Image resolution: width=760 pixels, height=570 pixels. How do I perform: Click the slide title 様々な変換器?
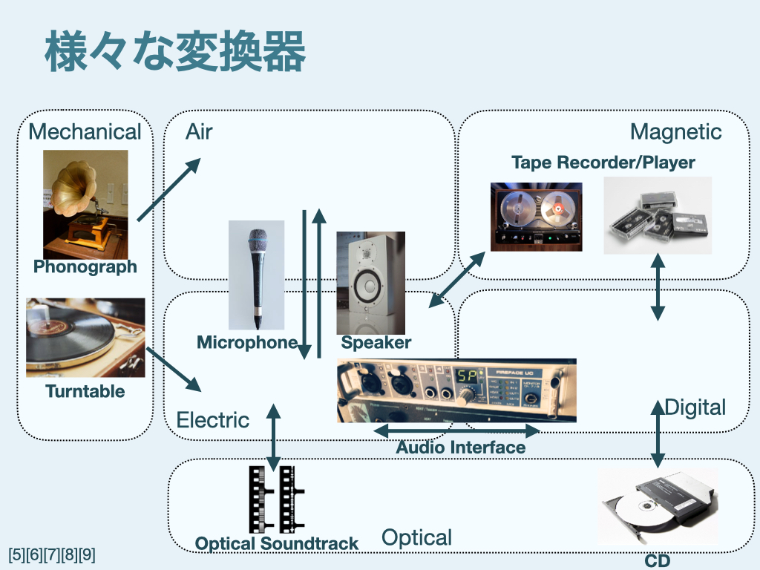[x=175, y=53]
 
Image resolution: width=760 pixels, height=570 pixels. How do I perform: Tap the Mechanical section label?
[x=84, y=132]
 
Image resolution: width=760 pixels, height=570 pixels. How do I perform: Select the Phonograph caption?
[x=85, y=267]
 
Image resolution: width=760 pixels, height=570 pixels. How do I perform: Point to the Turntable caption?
[x=85, y=391]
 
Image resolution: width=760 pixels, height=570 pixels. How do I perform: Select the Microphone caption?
[x=246, y=343]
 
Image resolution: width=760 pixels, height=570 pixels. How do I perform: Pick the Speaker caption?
[x=376, y=343]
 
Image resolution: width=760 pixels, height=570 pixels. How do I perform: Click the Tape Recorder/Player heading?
[x=603, y=163]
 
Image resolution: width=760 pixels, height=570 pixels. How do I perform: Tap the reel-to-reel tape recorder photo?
[x=536, y=216]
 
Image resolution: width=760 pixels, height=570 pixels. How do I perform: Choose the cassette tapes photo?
[x=658, y=215]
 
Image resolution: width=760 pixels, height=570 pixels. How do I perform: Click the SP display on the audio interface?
[x=468, y=376]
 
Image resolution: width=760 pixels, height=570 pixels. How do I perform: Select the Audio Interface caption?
[x=460, y=448]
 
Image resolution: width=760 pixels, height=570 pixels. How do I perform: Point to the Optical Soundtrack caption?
[x=276, y=544]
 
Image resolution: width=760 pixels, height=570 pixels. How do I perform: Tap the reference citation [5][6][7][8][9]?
[x=52, y=554]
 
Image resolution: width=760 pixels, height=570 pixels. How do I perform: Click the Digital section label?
[x=695, y=407]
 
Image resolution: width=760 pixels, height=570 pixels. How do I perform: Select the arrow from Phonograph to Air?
[x=169, y=189]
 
